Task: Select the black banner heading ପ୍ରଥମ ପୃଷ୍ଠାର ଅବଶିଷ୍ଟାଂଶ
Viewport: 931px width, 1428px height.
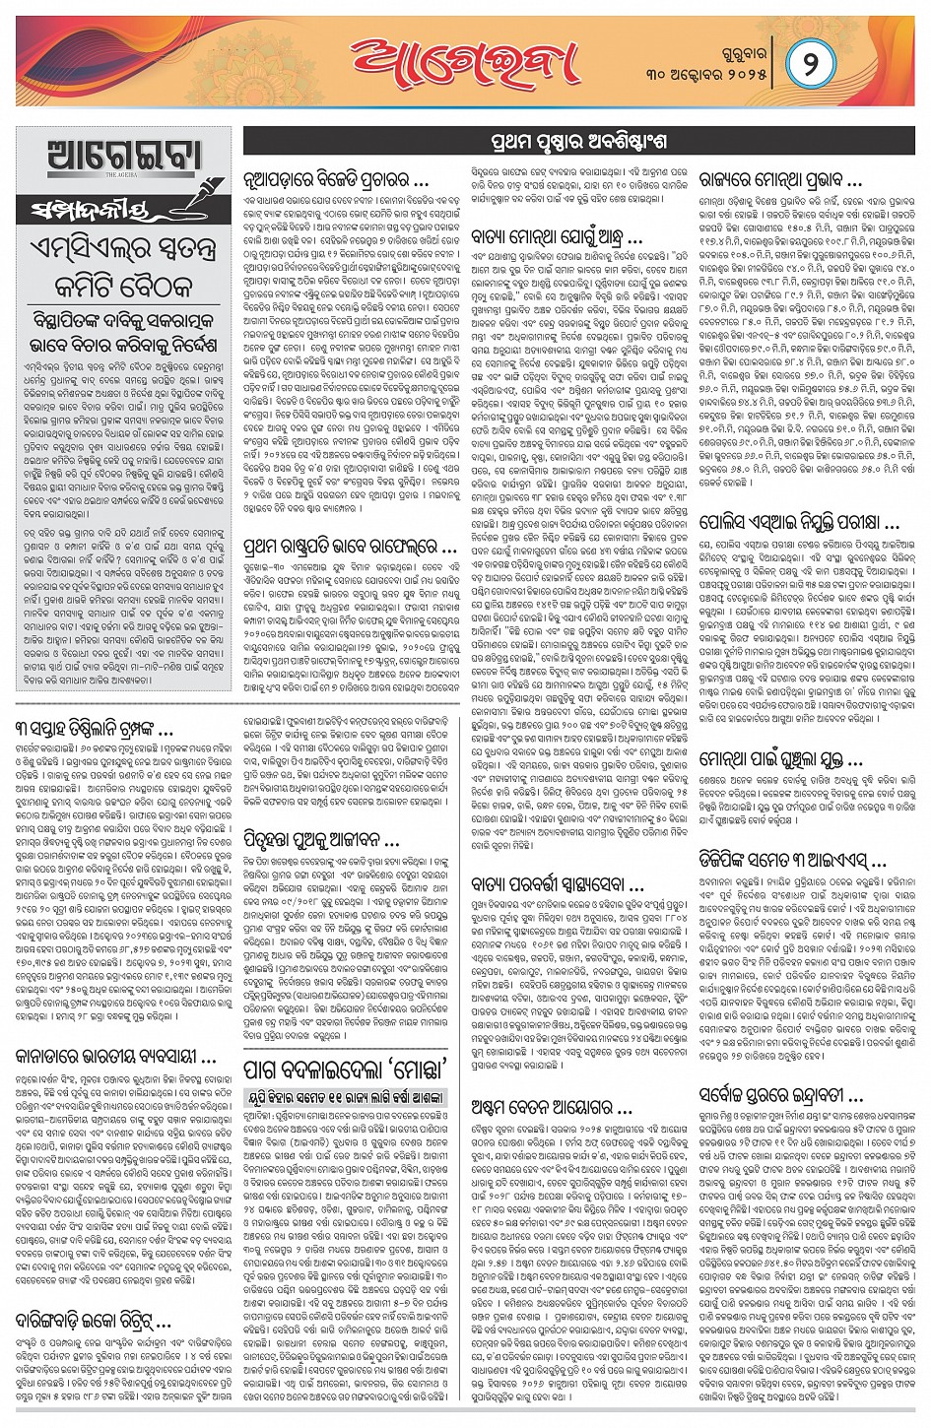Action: [577, 142]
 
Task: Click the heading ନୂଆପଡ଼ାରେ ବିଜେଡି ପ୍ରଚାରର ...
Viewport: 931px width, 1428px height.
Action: [336, 181]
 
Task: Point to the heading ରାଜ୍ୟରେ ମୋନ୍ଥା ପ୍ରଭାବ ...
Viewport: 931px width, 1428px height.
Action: [780, 181]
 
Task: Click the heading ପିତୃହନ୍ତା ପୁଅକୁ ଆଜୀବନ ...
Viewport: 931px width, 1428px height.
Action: [321, 840]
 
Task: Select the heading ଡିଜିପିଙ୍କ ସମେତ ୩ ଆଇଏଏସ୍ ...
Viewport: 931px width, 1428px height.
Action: [792, 862]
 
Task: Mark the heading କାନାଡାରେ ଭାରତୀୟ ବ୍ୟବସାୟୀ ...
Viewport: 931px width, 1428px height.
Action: [115, 1057]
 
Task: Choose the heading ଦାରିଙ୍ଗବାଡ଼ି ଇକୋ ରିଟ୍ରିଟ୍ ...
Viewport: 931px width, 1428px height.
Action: [94, 1320]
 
